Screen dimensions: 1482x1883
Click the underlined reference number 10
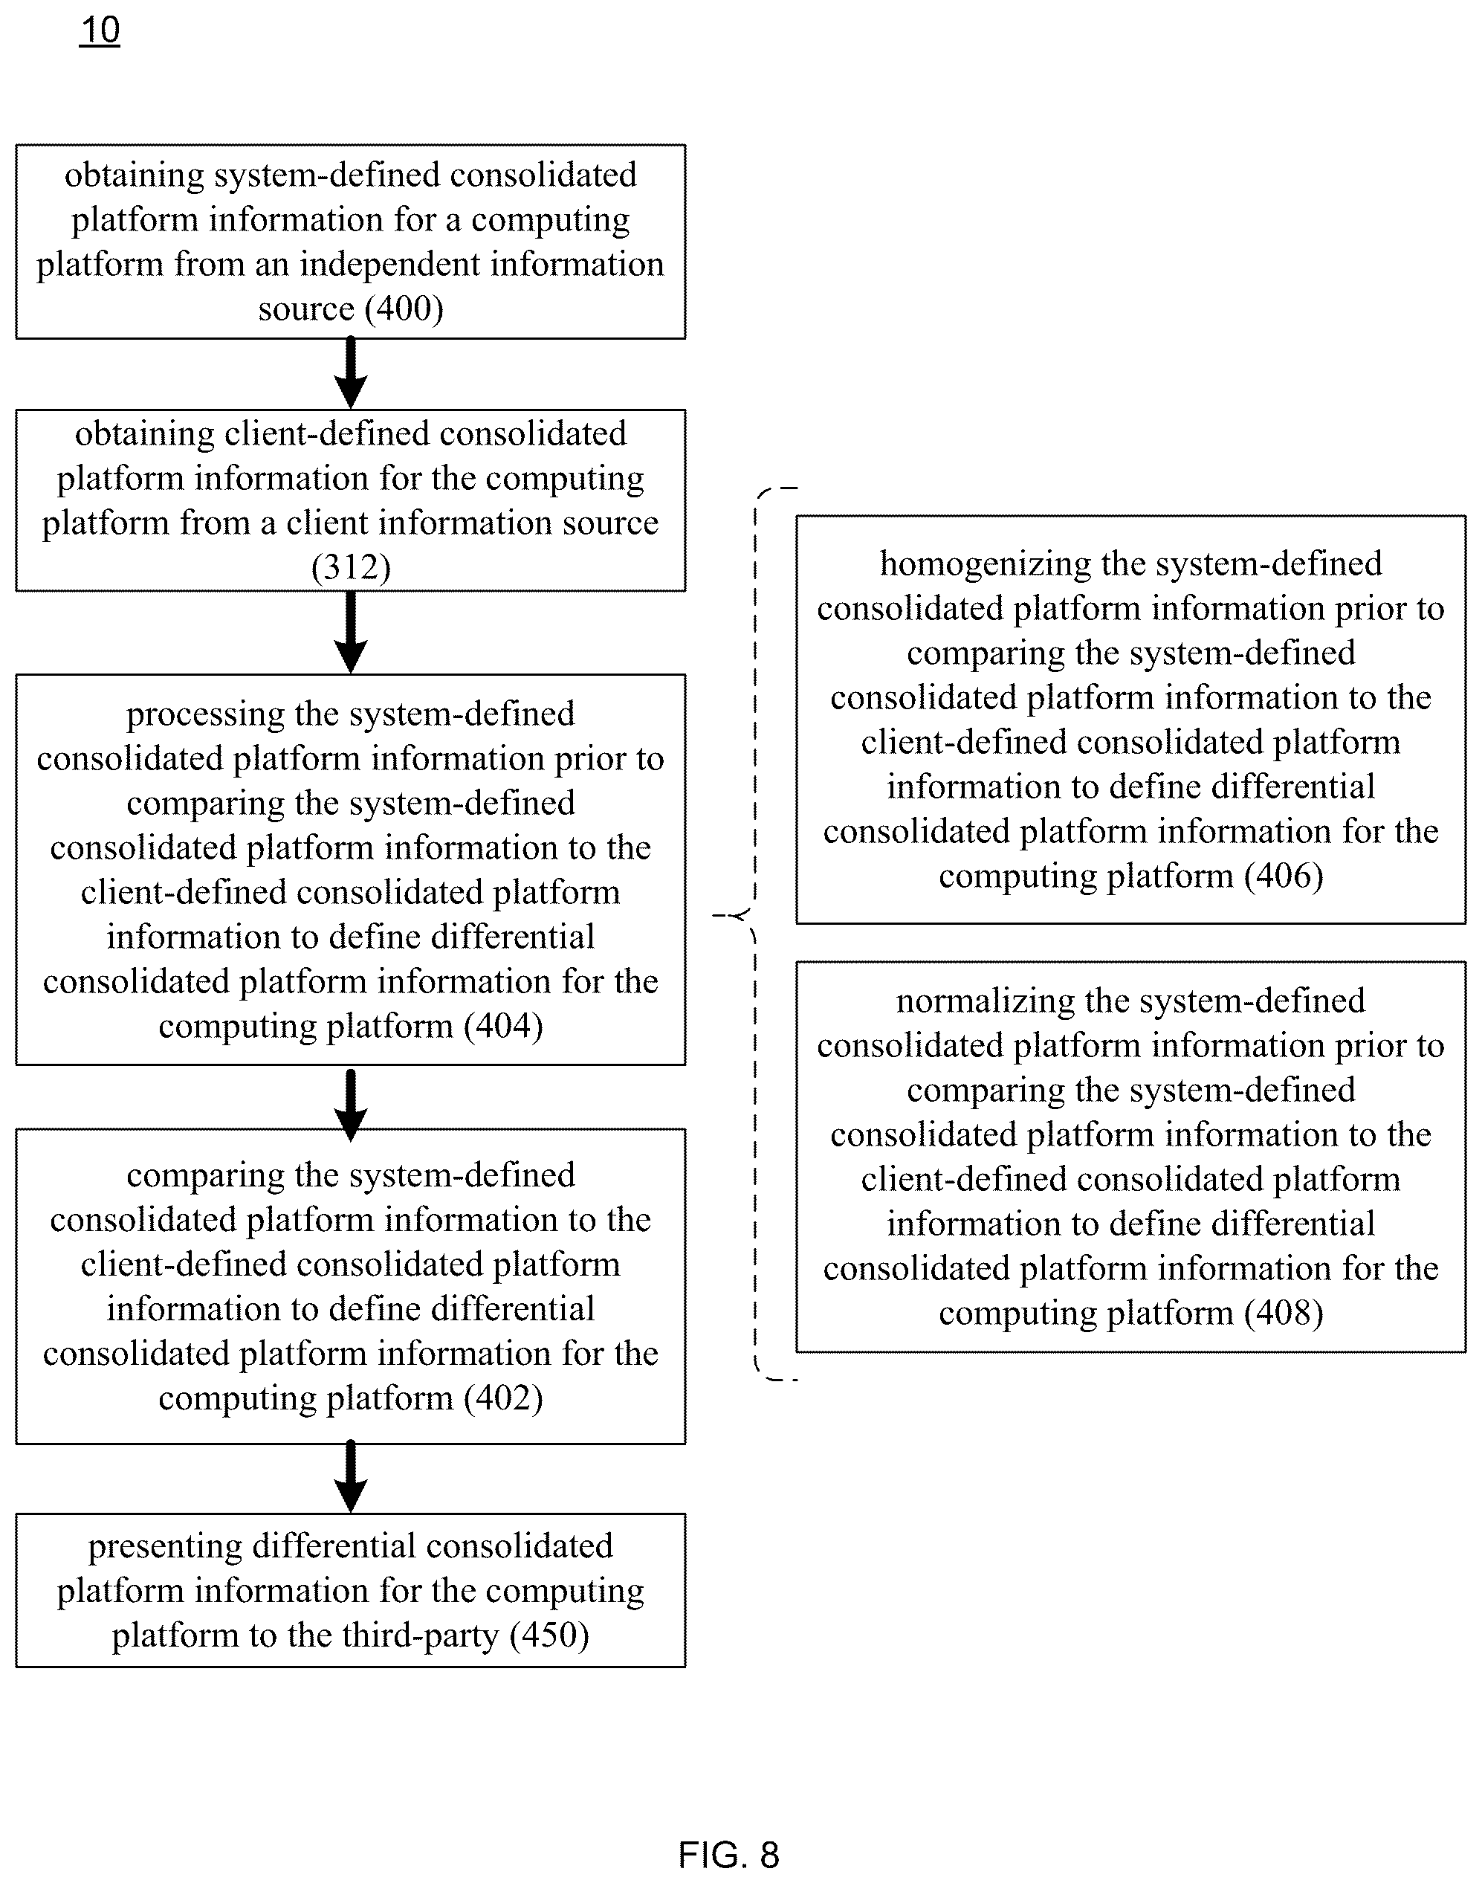click(100, 30)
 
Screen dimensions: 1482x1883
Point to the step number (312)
click(351, 567)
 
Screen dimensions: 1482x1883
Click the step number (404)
click(503, 1026)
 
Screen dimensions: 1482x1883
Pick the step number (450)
click(549, 1635)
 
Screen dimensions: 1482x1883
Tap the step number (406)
click(1284, 876)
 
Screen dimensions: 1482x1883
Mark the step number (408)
click(1284, 1313)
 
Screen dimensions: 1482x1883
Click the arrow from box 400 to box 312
click(351, 373)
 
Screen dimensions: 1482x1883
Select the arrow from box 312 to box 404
click(351, 633)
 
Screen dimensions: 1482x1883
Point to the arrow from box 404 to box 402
click(351, 1103)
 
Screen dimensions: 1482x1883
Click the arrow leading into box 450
click(351, 1476)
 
